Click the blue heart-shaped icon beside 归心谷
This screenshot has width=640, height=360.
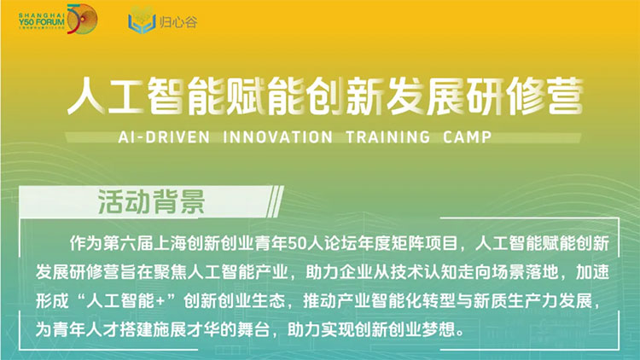[x=142, y=20]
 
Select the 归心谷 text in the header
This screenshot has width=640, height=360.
[x=178, y=21]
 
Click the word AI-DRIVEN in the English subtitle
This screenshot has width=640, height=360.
[x=164, y=137]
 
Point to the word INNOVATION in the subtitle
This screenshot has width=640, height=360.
[x=278, y=137]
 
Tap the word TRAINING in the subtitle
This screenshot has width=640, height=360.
[x=388, y=137]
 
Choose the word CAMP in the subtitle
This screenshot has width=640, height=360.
[x=468, y=137]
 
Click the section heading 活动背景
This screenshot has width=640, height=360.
[x=151, y=201]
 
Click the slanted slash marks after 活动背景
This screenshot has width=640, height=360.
[x=275, y=201]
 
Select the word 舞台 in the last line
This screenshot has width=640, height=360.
[x=253, y=330]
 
